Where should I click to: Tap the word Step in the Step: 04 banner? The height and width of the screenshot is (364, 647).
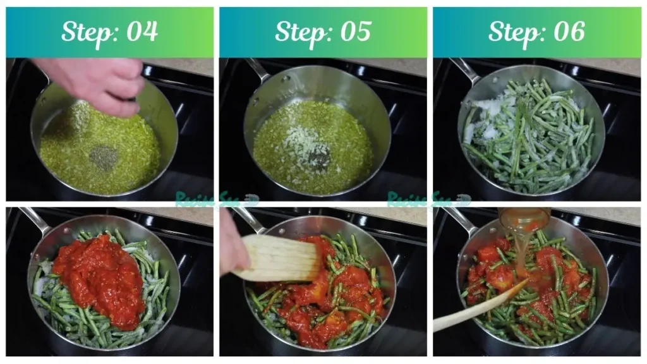click(x=85, y=32)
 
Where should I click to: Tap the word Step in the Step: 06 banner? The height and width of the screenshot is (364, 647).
click(x=512, y=32)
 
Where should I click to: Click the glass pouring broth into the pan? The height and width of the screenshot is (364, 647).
click(x=524, y=221)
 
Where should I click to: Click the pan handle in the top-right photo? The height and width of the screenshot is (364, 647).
click(x=464, y=70)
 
